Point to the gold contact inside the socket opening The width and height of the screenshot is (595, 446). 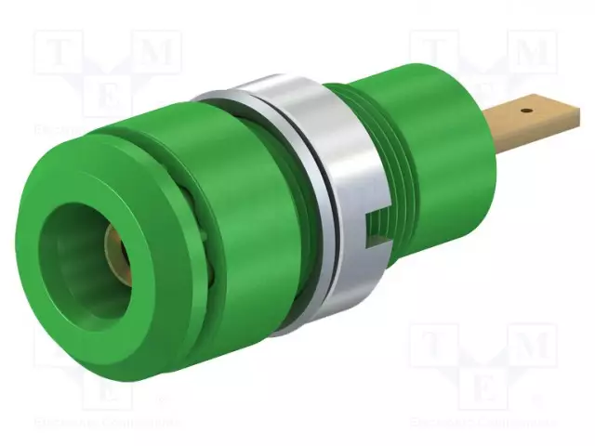[111, 246]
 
